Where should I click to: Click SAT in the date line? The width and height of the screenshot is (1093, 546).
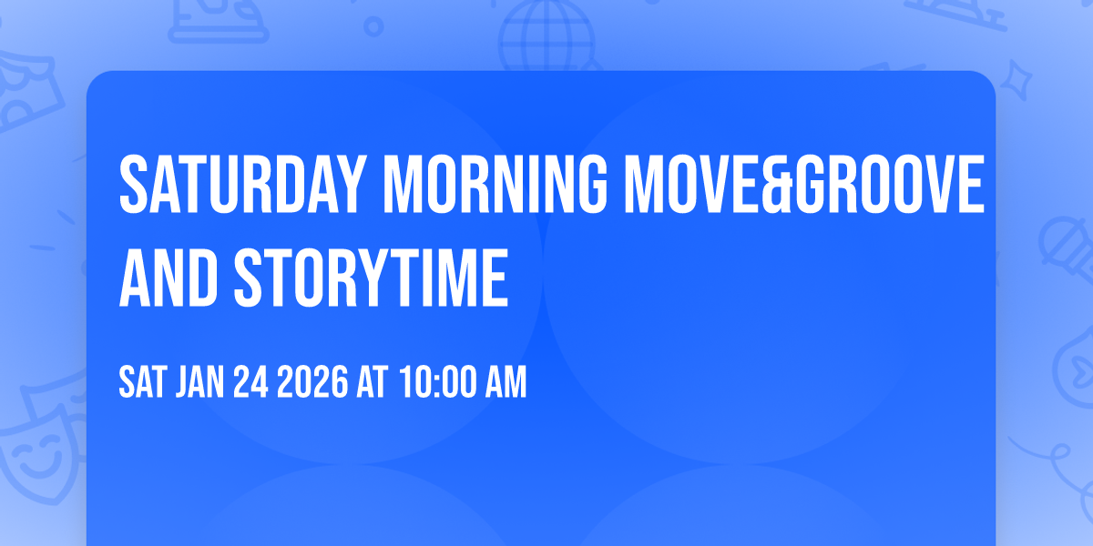(x=140, y=383)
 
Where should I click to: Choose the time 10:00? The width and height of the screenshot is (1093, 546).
(x=434, y=383)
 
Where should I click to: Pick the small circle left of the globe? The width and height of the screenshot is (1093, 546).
(x=374, y=28)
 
